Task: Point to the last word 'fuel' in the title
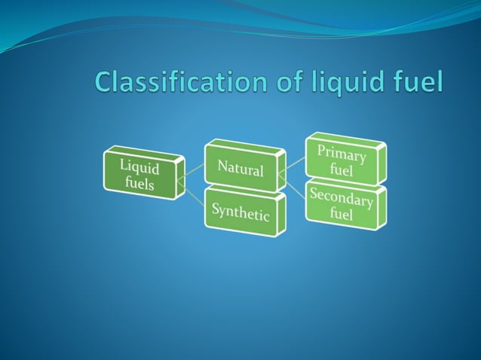417,81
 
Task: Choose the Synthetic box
240,212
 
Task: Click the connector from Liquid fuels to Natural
195,172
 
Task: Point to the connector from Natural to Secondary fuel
295,188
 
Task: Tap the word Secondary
342,198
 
